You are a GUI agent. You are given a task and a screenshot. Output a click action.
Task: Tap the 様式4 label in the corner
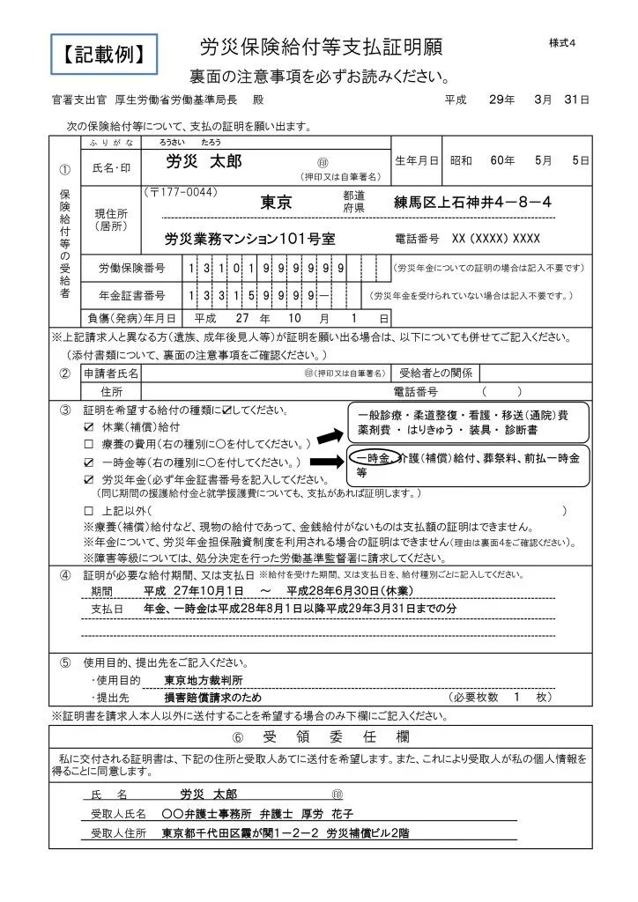coord(561,43)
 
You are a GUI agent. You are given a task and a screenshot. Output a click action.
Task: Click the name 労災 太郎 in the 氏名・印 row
coord(204,162)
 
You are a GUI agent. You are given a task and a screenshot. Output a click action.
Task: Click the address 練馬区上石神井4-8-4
coord(472,203)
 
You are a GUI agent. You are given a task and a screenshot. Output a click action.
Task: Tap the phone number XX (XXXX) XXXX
coord(495,239)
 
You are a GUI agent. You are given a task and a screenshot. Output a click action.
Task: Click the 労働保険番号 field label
coord(132,268)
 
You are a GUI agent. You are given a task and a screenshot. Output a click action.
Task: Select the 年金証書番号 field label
coord(132,294)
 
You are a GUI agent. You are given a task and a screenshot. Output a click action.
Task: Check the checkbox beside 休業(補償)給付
coord(88,426)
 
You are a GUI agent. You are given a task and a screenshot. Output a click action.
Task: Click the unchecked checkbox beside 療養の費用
coord(88,443)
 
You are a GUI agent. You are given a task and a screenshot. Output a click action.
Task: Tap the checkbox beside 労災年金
coord(88,480)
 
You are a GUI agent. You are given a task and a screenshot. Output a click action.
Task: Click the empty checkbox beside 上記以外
coord(88,511)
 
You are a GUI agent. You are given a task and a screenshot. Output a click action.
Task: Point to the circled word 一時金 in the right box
coord(371,458)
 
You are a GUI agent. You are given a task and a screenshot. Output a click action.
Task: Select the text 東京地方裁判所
coord(204,680)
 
